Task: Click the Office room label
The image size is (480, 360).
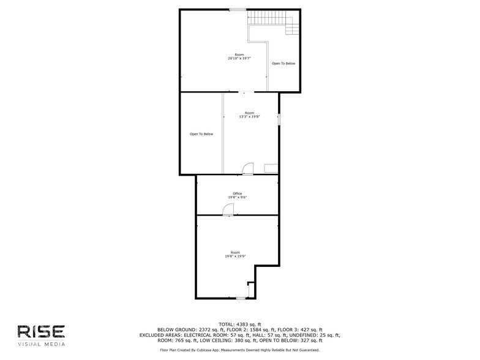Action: pyautogui.click(x=238, y=193)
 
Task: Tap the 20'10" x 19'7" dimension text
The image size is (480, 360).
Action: pyautogui.click(x=239, y=58)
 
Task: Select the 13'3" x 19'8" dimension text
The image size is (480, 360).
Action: pyautogui.click(x=250, y=116)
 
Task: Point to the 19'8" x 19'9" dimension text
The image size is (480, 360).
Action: pyautogui.click(x=235, y=256)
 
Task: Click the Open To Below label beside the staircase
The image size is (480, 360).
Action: pyautogui.click(x=283, y=64)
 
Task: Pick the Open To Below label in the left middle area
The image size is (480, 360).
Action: pyautogui.click(x=201, y=134)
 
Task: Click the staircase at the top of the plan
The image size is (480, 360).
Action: pyautogui.click(x=273, y=20)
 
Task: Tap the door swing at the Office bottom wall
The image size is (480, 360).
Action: pyautogui.click(x=228, y=209)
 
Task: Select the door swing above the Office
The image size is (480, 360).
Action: pyautogui.click(x=247, y=169)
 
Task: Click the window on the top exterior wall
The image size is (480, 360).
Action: pyautogui.click(x=238, y=10)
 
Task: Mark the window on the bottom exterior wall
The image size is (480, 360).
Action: pyautogui.click(x=241, y=298)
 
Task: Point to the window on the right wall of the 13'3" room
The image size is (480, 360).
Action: pyautogui.click(x=279, y=119)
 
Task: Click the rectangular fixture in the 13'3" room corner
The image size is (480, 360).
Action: pyautogui.click(x=271, y=169)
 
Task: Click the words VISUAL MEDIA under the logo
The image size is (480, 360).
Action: pyautogui.click(x=42, y=344)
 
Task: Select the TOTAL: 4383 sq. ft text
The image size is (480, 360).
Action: pyautogui.click(x=240, y=324)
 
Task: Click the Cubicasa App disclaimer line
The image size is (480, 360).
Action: pyautogui.click(x=240, y=350)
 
